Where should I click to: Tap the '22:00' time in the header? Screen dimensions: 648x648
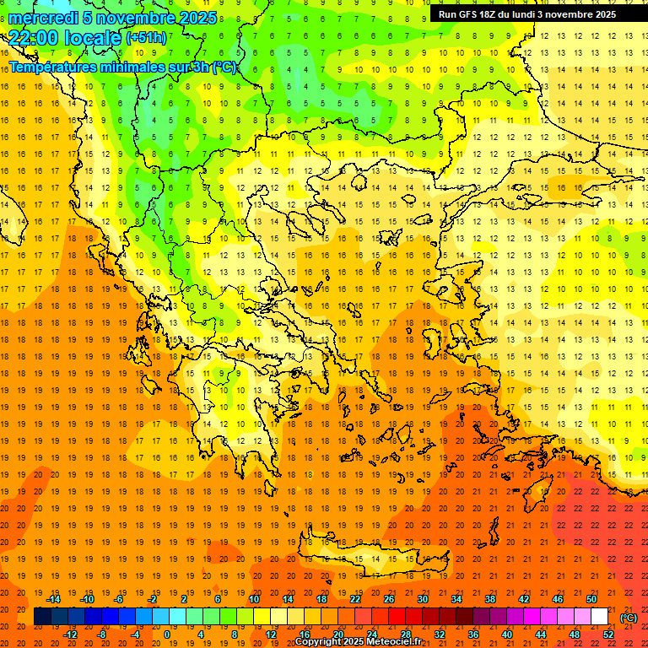[x=32, y=38]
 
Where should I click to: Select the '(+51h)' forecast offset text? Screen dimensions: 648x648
[x=146, y=38]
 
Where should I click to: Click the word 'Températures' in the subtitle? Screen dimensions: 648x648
[x=51, y=67]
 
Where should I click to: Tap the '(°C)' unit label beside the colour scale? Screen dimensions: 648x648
[x=629, y=618]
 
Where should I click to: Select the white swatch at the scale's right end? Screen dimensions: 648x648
[x=600, y=617]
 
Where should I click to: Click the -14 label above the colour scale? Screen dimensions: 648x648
[x=53, y=599]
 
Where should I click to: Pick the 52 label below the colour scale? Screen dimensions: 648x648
[x=608, y=634]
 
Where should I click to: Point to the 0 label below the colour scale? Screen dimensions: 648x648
[x=167, y=634]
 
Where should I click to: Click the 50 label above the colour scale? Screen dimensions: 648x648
[x=591, y=599]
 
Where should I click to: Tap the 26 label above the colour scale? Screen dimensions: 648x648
[x=388, y=599]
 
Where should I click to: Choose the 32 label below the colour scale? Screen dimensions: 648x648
[x=439, y=634]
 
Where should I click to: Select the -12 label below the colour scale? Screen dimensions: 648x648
[x=70, y=634]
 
